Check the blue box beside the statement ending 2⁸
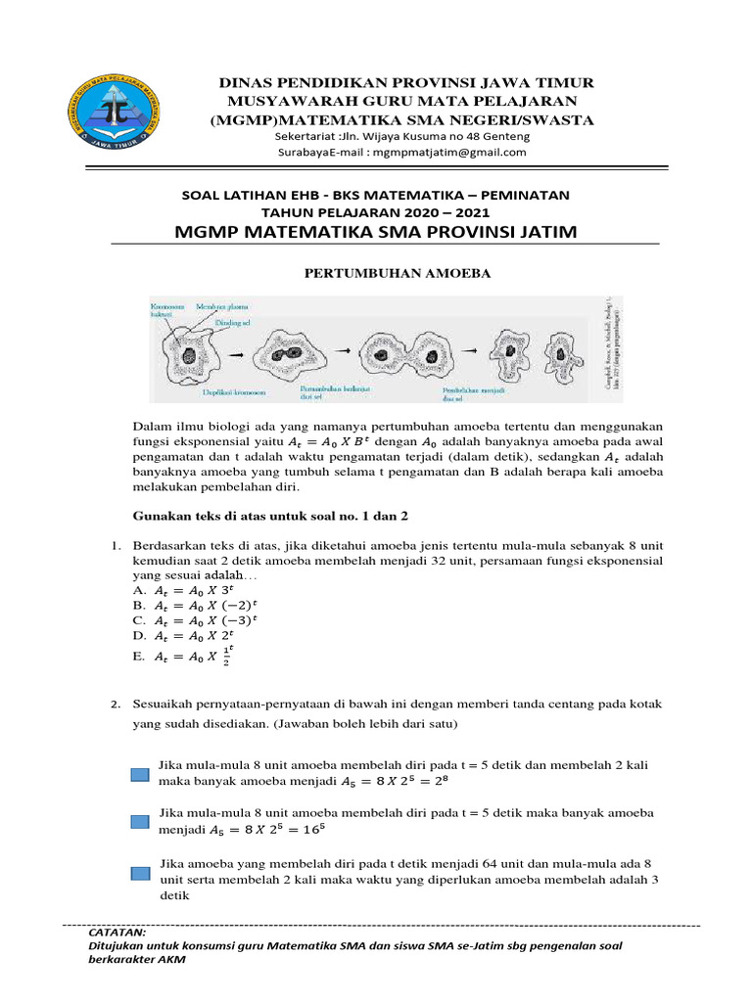[141, 774]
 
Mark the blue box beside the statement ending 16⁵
[141, 822]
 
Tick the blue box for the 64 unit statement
[141, 873]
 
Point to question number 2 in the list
[115, 705]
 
